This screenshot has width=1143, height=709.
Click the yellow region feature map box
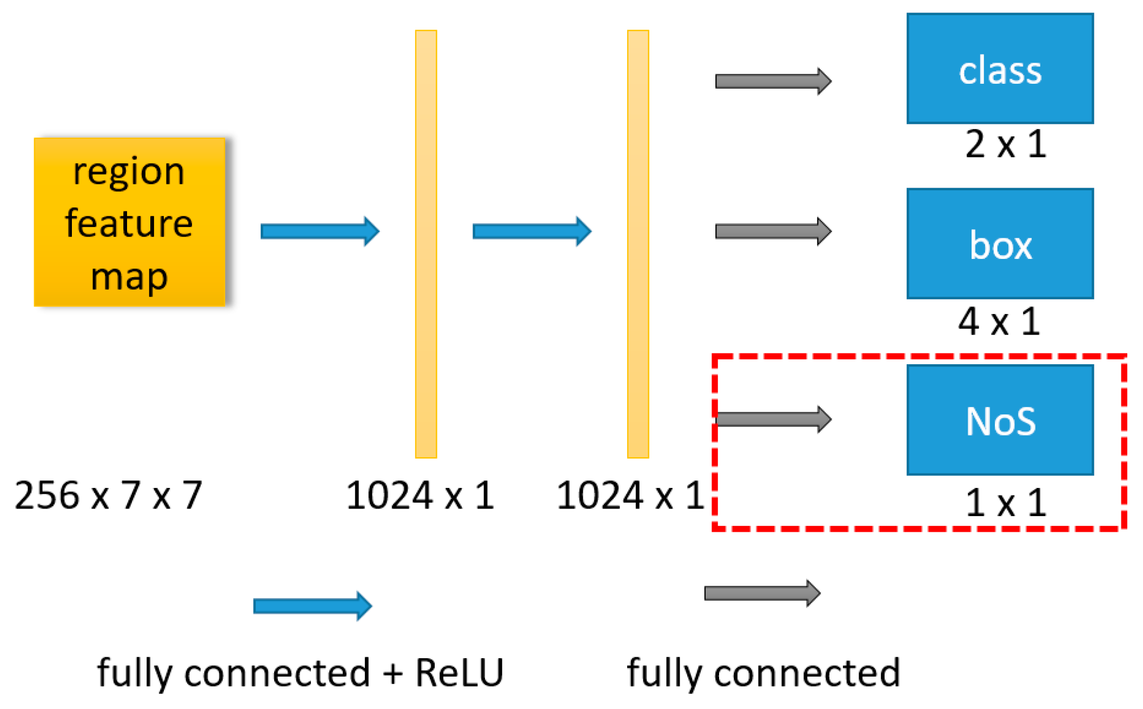(129, 222)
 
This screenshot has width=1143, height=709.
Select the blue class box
(1000, 69)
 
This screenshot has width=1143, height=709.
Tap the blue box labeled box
(1000, 244)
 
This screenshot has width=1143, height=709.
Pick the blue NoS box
(1000, 420)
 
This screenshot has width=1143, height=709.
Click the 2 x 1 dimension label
(1005, 144)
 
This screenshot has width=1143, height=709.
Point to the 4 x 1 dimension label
(999, 322)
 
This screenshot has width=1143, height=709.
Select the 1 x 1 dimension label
(1005, 503)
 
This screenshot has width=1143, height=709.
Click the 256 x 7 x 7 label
(108, 496)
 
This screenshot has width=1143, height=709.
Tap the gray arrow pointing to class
(773, 82)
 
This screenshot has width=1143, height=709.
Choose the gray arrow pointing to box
(773, 231)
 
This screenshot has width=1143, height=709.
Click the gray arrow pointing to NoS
(773, 419)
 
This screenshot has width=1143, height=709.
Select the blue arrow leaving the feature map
(320, 231)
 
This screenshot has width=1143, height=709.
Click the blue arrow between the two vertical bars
(531, 231)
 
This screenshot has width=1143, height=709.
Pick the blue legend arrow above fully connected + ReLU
(313, 606)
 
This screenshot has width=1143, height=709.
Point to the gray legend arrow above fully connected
(762, 593)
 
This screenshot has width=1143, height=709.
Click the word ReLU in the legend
(459, 673)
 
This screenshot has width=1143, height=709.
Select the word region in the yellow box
(129, 172)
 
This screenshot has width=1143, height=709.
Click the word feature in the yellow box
(129, 224)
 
